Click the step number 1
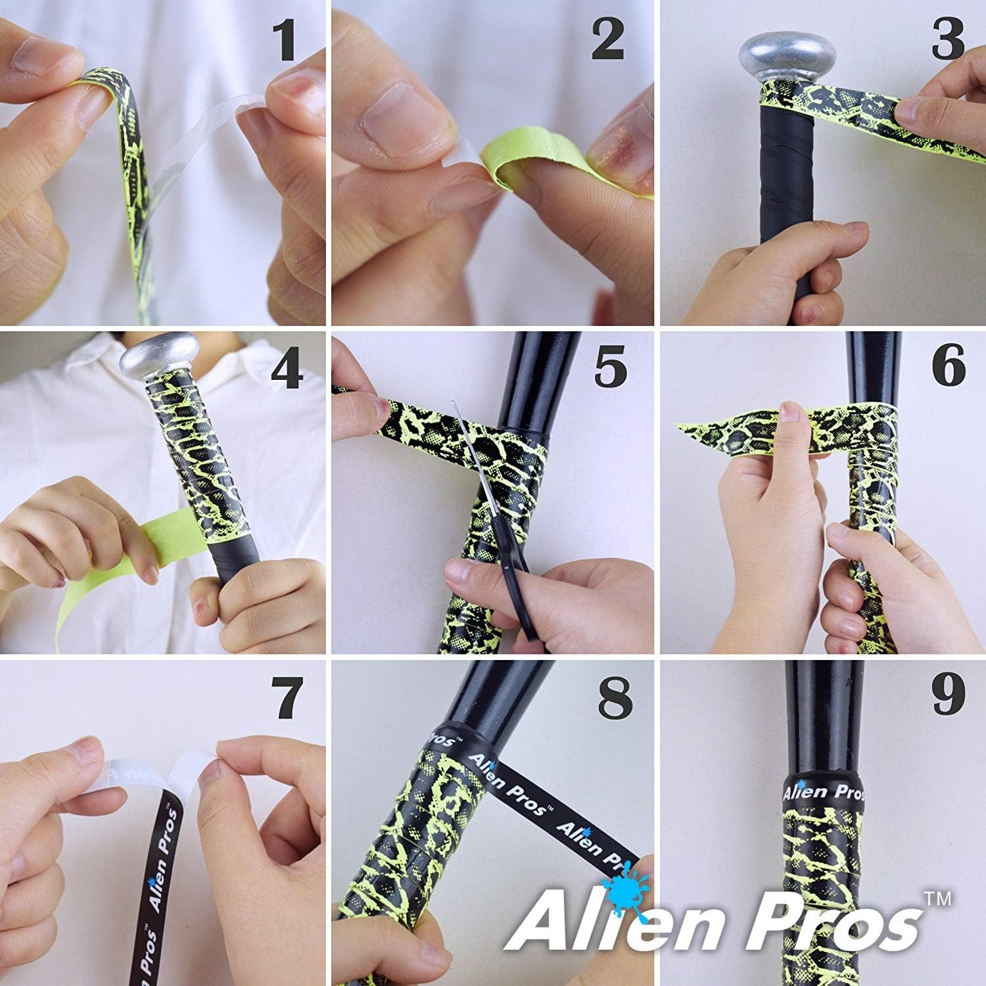[x=285, y=41]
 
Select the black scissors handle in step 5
[x=516, y=592]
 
